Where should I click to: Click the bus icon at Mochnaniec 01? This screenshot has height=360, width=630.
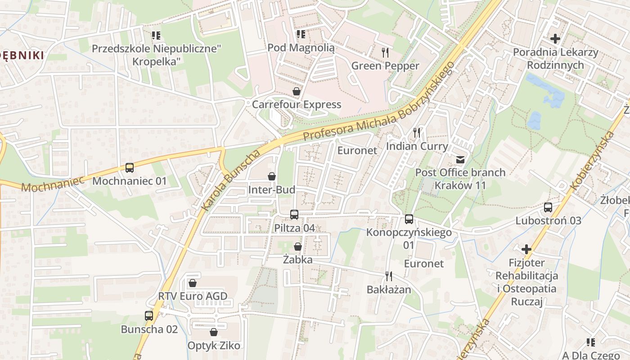pos(130,168)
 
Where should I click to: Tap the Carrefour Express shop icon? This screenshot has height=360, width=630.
pos(297,92)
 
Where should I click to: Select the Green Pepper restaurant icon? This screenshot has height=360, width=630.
pos(385,53)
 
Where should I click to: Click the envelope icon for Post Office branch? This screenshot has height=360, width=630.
pos(460,159)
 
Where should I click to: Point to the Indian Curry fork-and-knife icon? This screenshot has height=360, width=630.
pos(417,133)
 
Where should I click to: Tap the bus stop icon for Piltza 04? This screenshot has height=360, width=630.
pos(294,215)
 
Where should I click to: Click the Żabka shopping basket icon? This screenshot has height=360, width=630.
pos(297,247)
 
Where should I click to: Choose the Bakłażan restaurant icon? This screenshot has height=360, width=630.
pos(389,276)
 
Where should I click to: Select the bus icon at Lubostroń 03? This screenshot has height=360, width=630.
pos(548,207)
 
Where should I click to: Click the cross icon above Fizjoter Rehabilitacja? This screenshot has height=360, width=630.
pos(526,249)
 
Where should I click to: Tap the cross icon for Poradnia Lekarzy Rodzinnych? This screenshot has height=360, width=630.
pos(555,39)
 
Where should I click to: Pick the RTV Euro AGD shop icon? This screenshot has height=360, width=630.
pos(193,283)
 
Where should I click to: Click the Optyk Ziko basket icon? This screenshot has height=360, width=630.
pos(214,332)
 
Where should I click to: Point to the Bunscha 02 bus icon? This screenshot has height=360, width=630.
pos(149,316)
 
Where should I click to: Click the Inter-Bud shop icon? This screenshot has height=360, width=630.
pos(272,176)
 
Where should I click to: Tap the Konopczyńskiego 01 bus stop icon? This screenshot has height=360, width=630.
pos(409,219)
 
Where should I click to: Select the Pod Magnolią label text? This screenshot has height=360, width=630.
pos(301,48)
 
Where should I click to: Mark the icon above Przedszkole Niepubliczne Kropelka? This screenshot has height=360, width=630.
pos(156,35)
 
